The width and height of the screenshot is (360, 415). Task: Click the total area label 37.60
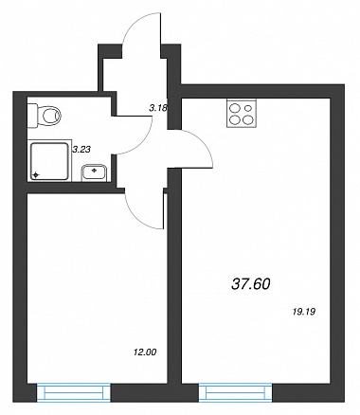point(251,284)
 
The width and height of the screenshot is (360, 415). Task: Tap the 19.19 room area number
point(304,312)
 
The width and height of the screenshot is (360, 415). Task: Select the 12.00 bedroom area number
point(145,352)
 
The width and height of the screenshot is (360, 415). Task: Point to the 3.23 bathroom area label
point(81,149)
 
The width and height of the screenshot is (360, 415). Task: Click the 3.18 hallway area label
point(158,109)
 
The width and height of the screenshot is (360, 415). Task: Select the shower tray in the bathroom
point(50,161)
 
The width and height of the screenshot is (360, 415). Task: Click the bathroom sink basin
point(94,172)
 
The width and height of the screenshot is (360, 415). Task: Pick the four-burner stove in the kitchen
point(242,113)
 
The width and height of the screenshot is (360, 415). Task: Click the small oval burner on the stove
point(248,108)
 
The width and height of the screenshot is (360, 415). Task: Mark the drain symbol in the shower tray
point(36,174)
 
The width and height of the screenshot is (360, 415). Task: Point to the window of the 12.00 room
point(74,392)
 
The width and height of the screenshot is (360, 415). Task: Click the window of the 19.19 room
point(236,392)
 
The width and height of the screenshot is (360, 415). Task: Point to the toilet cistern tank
point(32,116)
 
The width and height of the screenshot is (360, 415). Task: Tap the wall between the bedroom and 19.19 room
point(174,275)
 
